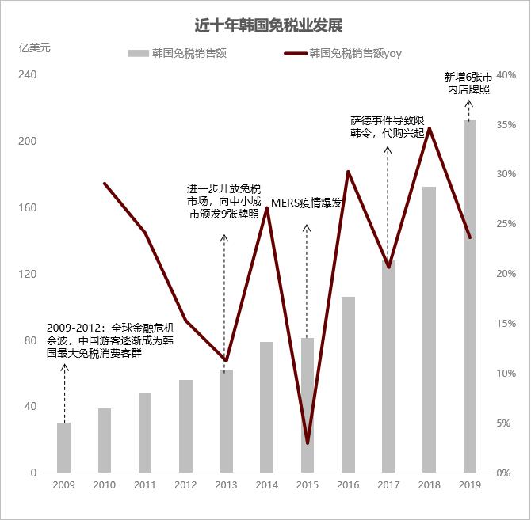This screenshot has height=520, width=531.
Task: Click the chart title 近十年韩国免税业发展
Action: click(x=269, y=26)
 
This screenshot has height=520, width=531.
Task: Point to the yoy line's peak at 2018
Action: click(x=430, y=128)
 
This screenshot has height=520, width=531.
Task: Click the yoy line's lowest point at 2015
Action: click(x=308, y=442)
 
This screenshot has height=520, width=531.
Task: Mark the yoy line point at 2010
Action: click(x=105, y=184)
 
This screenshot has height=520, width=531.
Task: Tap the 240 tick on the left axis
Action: click(x=29, y=75)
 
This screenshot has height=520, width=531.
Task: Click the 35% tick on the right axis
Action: click(x=506, y=125)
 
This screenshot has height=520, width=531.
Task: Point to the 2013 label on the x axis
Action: click(x=226, y=486)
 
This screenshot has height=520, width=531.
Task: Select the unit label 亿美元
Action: click(x=34, y=47)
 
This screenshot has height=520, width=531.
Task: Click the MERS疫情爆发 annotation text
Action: click(x=307, y=203)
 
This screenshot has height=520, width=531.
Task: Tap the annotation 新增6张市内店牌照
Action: click(x=468, y=83)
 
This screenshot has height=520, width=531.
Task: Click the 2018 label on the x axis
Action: click(x=430, y=486)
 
